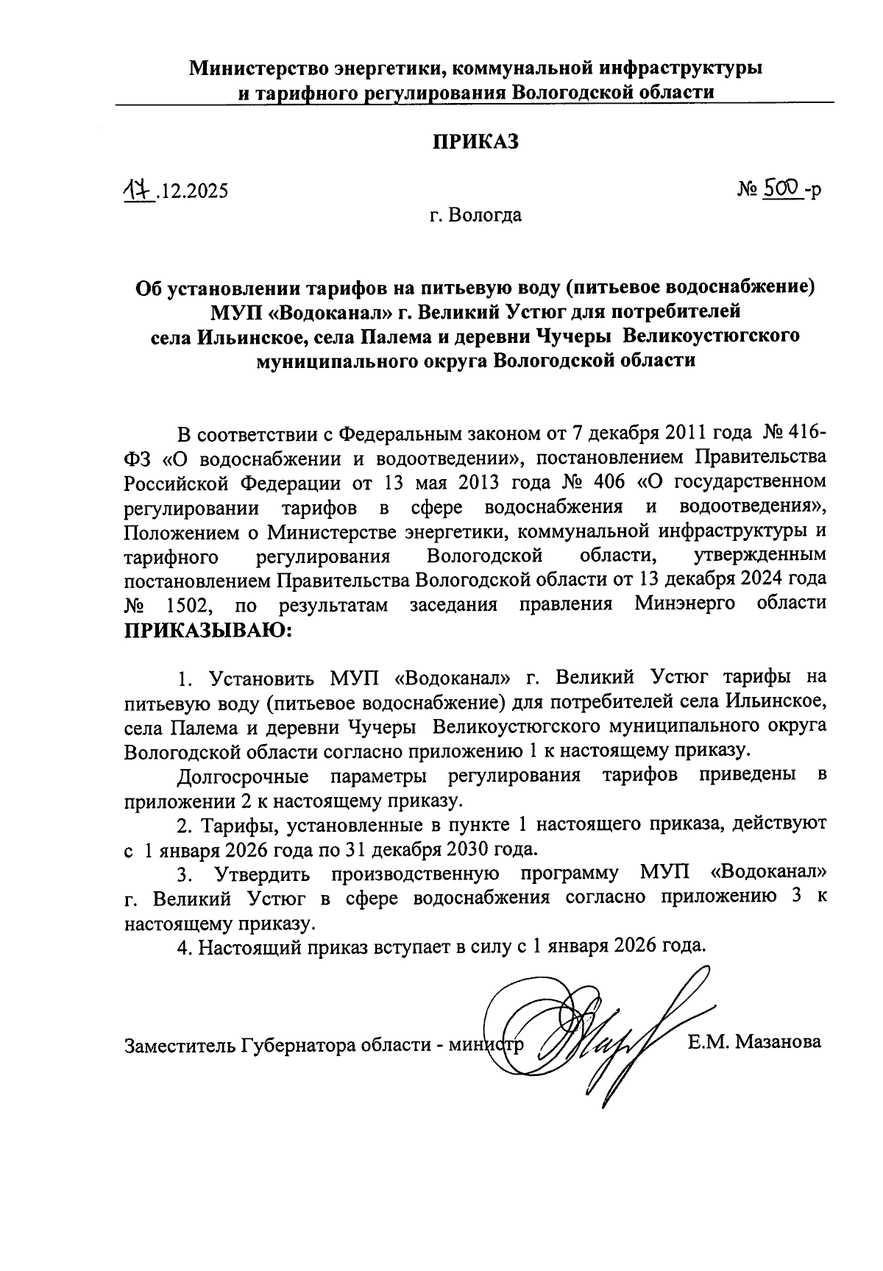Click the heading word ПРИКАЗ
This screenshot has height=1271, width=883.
[x=475, y=142]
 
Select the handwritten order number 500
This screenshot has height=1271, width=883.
[x=781, y=189]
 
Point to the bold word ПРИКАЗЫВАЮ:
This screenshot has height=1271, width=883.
[x=208, y=630]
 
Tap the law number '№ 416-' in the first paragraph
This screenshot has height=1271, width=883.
[x=796, y=431]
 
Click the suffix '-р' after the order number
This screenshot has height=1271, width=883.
[x=812, y=191]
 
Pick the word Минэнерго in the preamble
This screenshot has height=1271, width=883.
[x=687, y=605]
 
